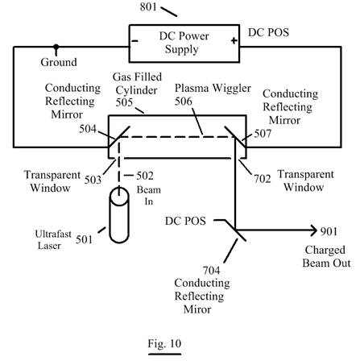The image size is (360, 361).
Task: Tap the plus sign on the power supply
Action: pyautogui.click(x=234, y=41)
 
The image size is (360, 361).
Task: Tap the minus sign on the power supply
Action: pyautogui.click(x=134, y=41)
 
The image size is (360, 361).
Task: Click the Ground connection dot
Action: pyautogui.click(x=56, y=48)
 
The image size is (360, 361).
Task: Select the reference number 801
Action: pyautogui.click(x=148, y=6)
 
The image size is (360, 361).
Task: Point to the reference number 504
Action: pyautogui.click(x=88, y=129)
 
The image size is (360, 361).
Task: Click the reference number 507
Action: pyautogui.click(x=263, y=134)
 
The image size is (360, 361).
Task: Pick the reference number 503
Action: pyautogui.click(x=93, y=180)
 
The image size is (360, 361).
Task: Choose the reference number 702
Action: pyautogui.click(x=263, y=179)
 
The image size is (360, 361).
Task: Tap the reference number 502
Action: pyautogui.click(x=145, y=176)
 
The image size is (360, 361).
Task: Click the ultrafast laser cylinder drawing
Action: pyautogui.click(x=119, y=215)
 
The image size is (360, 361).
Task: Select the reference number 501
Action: pyautogui.click(x=84, y=239)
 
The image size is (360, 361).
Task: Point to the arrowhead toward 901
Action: pyautogui.click(x=314, y=230)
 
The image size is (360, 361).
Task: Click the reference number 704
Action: pyautogui.click(x=211, y=271)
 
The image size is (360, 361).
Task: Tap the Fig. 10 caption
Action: pyautogui.click(x=164, y=343)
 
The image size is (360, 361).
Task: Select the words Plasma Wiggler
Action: pyautogui.click(x=213, y=89)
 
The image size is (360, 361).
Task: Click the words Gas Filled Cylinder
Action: pyautogui.click(x=137, y=84)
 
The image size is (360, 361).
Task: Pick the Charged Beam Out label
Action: pyautogui.click(x=326, y=256)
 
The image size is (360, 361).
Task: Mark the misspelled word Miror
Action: pyautogui.click(x=197, y=309)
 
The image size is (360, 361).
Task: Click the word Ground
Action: pyautogui.click(x=59, y=62)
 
